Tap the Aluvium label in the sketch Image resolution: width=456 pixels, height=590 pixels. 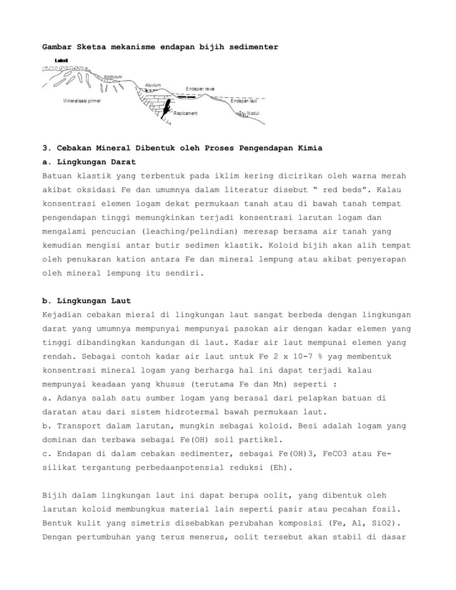(x=152, y=84)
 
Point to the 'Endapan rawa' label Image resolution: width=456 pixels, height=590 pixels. (x=200, y=89)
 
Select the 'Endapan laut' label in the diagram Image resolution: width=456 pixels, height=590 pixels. (x=244, y=101)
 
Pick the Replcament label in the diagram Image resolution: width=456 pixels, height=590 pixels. (x=186, y=113)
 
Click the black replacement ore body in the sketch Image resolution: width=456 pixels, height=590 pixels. (x=166, y=108)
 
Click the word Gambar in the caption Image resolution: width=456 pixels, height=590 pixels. (x=59, y=46)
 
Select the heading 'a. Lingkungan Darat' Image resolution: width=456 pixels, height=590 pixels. (x=89, y=162)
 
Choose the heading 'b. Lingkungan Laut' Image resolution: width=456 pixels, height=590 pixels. (x=86, y=300)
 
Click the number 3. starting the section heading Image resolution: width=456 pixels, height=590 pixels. (x=46, y=148)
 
